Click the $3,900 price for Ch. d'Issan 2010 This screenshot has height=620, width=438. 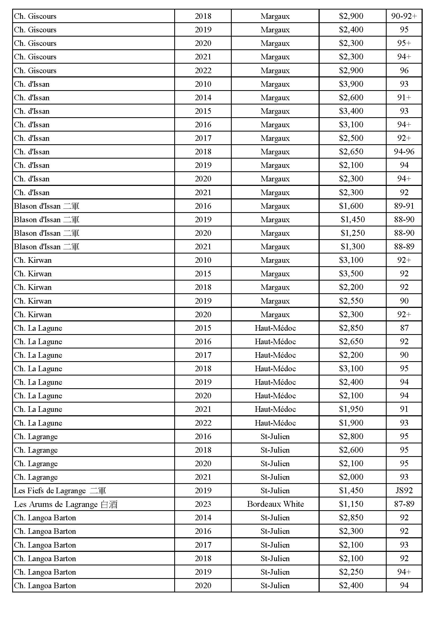pyautogui.click(x=351, y=84)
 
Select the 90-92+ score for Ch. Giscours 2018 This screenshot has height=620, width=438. pyautogui.click(x=404, y=16)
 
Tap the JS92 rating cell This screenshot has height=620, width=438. pyautogui.click(x=404, y=490)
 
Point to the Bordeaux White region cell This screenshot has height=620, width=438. pyautogui.click(x=275, y=504)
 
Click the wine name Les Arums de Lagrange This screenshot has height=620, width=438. pyautogui.click(x=65, y=504)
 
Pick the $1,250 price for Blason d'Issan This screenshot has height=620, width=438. pyautogui.click(x=352, y=233)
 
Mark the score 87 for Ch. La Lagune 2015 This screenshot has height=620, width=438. pyautogui.click(x=404, y=328)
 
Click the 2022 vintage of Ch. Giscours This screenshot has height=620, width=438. pyautogui.click(x=203, y=71)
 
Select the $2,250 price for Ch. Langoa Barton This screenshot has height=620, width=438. pyautogui.click(x=351, y=572)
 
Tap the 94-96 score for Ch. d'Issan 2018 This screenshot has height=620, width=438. pyautogui.click(x=404, y=151)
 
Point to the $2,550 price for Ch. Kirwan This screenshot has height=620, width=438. pyautogui.click(x=351, y=301)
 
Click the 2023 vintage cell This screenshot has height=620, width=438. pyautogui.click(x=203, y=504)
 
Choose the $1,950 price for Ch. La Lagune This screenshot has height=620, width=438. pyautogui.click(x=351, y=409)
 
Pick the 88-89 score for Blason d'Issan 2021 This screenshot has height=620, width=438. pyautogui.click(x=404, y=246)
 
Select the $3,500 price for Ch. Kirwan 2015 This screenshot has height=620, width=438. pyautogui.click(x=351, y=274)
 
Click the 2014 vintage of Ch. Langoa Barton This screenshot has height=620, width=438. pyautogui.click(x=203, y=517)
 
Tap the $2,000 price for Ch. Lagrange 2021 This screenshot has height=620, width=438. pyautogui.click(x=351, y=477)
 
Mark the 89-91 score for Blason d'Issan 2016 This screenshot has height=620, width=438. pyautogui.click(x=404, y=206)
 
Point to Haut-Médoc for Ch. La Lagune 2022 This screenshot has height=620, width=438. pyautogui.click(x=275, y=423)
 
